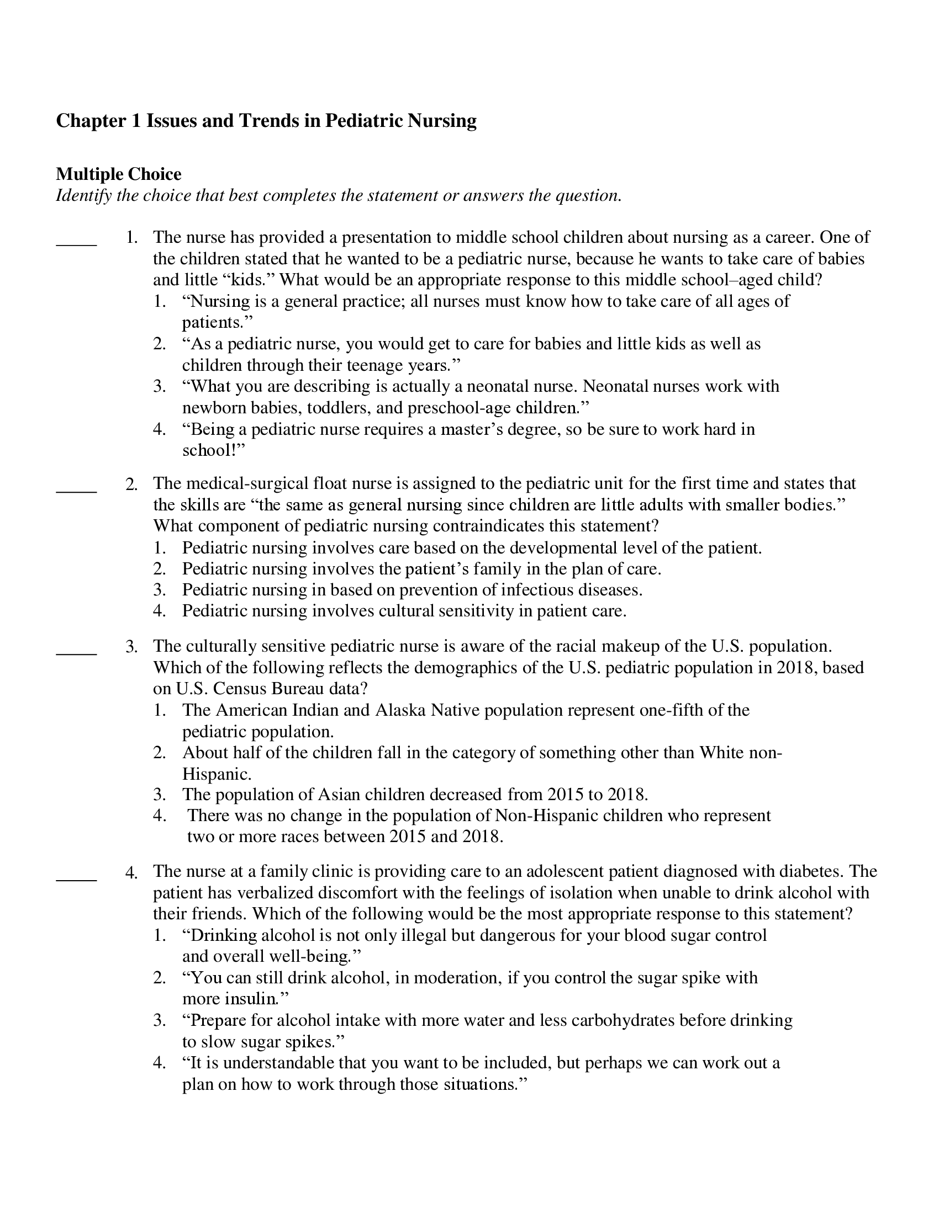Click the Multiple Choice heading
[119, 174]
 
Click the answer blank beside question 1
[76, 243]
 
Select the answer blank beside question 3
[76, 653]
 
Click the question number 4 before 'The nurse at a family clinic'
[131, 872]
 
